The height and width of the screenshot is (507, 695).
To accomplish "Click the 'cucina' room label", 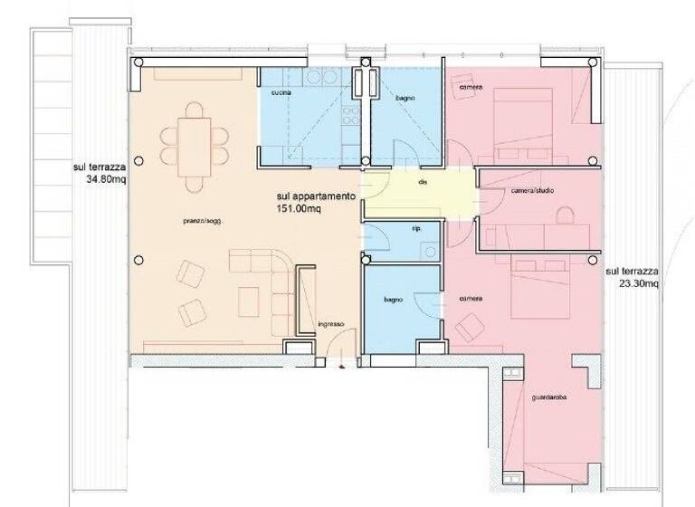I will (280, 93).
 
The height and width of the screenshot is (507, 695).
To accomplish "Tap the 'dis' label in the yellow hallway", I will (423, 182).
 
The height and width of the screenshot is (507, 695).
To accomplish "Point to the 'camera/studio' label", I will (532, 191).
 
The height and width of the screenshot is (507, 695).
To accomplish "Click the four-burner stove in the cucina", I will (319, 79).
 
